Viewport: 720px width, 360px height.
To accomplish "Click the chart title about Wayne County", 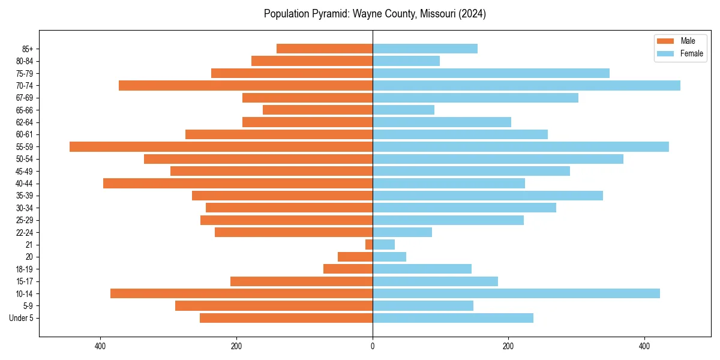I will click(374, 14).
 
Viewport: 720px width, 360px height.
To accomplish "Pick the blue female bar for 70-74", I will click(526, 85).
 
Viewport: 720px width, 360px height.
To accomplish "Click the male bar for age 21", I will click(369, 244).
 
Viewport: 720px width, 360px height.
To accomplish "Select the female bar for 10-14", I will click(516, 293).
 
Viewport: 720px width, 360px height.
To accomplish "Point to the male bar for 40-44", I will click(238, 183).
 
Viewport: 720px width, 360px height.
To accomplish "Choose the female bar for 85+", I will click(425, 49).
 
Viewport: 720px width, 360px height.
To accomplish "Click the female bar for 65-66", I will click(403, 110).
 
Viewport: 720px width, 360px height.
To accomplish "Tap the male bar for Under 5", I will click(286, 318).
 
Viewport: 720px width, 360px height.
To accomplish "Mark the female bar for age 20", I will click(389, 257).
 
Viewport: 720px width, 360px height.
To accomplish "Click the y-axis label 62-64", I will click(24, 122).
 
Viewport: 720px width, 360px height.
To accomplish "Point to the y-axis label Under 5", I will click(22, 318).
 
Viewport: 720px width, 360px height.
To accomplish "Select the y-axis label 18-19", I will click(24, 269).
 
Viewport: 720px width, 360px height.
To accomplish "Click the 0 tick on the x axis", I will click(373, 346).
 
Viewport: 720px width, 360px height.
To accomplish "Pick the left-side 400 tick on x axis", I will click(100, 346).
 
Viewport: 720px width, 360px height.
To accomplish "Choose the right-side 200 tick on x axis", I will click(508, 346).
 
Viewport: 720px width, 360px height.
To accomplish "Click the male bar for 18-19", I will click(348, 269).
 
